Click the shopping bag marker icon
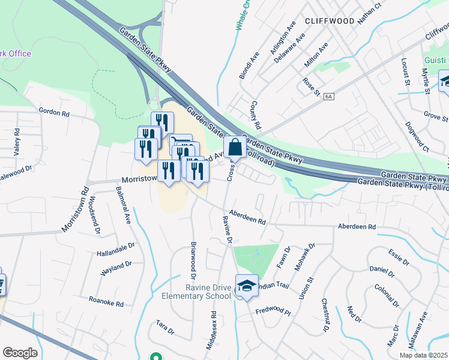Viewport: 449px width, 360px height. (x=235, y=146)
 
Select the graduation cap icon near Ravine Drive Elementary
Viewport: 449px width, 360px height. (x=246, y=286)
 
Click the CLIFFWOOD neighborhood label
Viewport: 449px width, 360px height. (x=330, y=20)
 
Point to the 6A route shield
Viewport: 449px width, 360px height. (x=328, y=96)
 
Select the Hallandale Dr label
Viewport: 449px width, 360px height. (x=116, y=248)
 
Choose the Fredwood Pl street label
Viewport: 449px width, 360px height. (x=273, y=313)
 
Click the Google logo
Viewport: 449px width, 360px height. (x=20, y=353)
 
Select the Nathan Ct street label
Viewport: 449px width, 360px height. (x=370, y=14)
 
